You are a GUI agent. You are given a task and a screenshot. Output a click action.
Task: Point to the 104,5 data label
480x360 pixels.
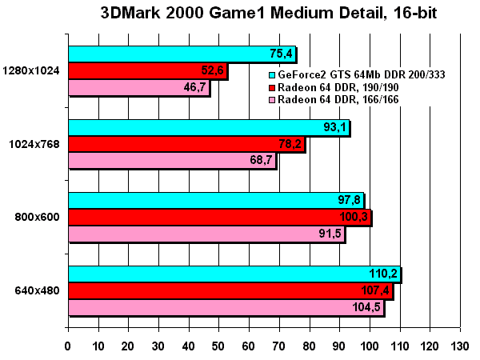click(x=366, y=308)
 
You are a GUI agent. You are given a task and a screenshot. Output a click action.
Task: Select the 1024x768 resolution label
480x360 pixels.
click(x=34, y=145)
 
